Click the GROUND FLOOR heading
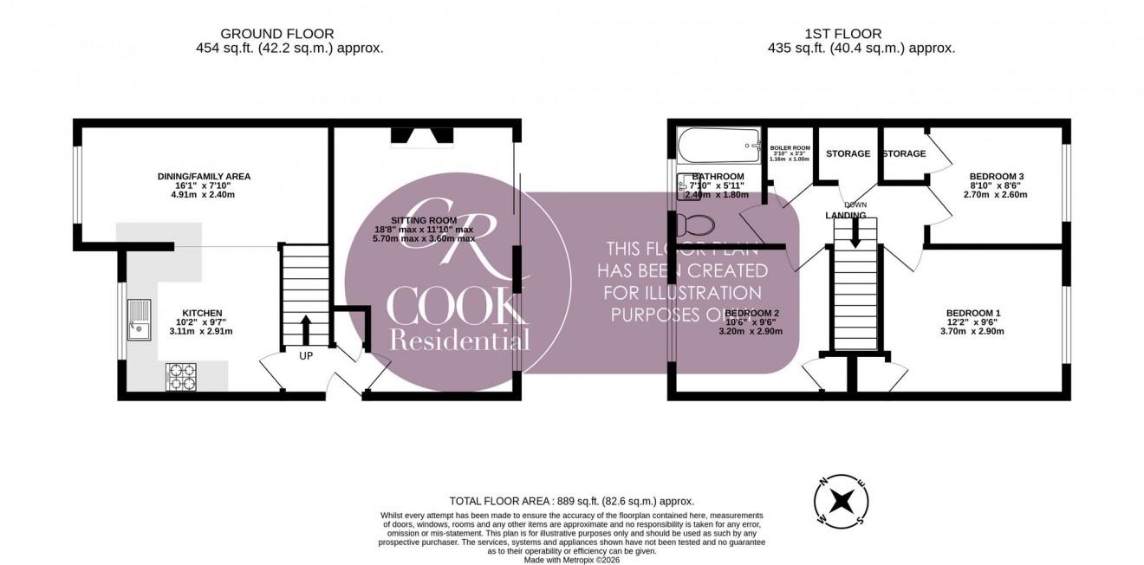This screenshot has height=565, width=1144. pyautogui.click(x=289, y=34)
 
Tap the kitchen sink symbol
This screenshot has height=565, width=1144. pyautogui.click(x=138, y=318)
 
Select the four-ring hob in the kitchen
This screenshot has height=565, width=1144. pyautogui.click(x=180, y=377)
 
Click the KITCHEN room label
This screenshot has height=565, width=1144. pyautogui.click(x=202, y=313)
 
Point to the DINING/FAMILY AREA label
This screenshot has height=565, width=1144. pyautogui.click(x=204, y=177)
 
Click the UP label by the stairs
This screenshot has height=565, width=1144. pyautogui.click(x=306, y=355)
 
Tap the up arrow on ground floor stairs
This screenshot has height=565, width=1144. pyautogui.click(x=305, y=329)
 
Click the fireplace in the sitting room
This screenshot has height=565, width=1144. pyautogui.click(x=421, y=135)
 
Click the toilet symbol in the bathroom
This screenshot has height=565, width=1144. pyautogui.click(x=698, y=225)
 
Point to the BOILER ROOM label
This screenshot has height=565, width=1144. pyautogui.click(x=789, y=149)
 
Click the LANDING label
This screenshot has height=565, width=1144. pyautogui.click(x=846, y=215)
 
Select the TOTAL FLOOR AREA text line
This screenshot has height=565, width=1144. pyautogui.click(x=571, y=501)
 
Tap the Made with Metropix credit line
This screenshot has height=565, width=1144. pyautogui.click(x=572, y=560)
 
